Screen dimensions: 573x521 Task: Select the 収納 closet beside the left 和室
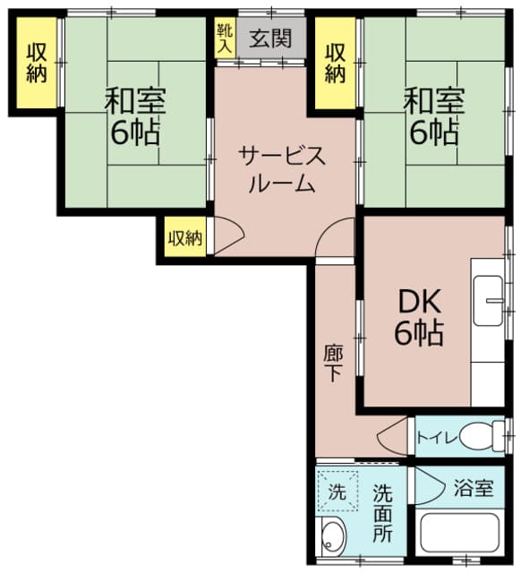tap(36, 63)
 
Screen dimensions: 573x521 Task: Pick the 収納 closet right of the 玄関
tap(335, 63)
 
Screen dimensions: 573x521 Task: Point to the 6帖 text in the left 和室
tap(135, 133)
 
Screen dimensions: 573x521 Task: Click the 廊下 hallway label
tap(332, 363)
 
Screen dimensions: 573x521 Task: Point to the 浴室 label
tap(473, 489)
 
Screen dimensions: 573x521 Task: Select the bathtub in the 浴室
tap(465, 535)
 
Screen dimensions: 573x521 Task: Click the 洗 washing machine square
tap(337, 491)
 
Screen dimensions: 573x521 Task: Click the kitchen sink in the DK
tap(491, 295)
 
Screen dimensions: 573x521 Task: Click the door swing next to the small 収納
tap(228, 235)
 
